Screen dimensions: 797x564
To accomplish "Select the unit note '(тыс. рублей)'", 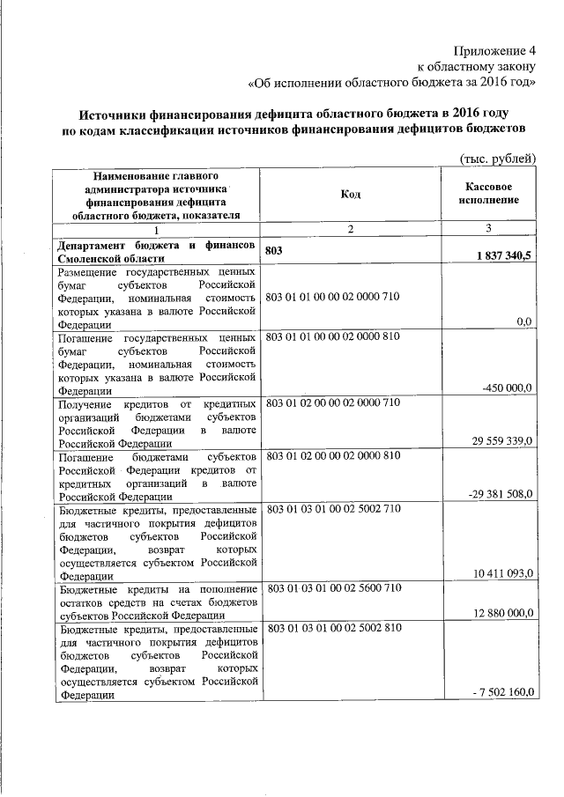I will tap(498, 158).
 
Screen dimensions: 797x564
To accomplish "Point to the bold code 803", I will tap(275, 250).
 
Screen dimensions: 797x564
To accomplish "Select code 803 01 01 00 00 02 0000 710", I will tap(332, 296).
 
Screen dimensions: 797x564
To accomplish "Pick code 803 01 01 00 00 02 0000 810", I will tap(332, 337).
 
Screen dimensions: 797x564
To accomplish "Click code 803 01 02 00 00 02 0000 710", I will tap(332, 402).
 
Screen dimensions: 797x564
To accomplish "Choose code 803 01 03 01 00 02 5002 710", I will tap(332, 508).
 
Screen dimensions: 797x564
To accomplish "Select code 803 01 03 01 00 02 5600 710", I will tap(332, 587).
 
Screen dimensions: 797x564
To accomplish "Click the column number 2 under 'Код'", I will tap(350, 229).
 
